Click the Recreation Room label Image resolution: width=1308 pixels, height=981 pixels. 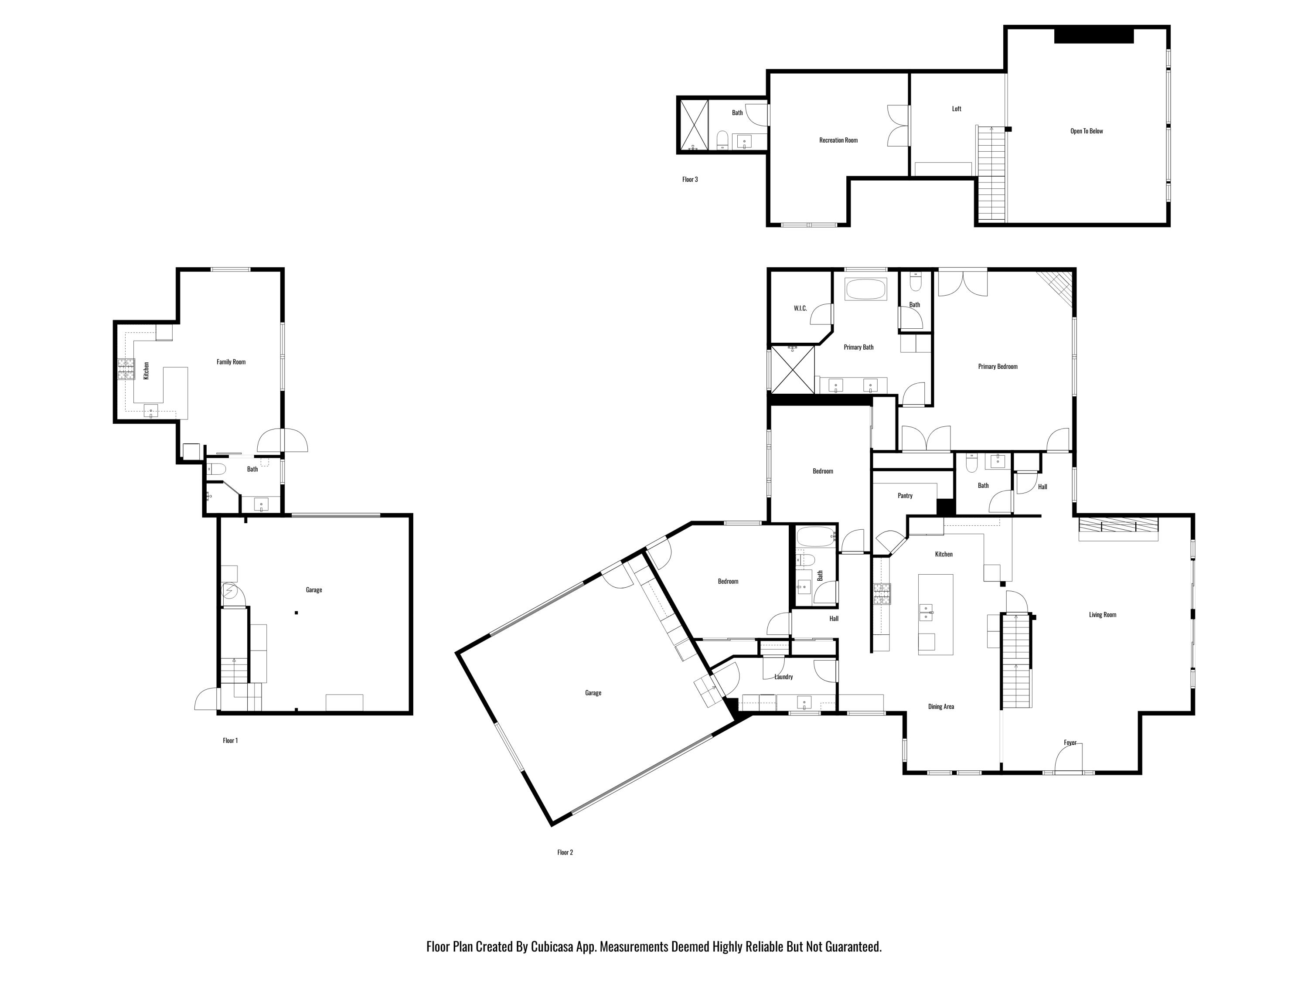838,140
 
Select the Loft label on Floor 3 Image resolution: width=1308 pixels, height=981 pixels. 956,109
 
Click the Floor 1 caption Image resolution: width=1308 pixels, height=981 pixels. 230,740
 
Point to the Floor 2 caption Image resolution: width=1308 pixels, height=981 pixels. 565,852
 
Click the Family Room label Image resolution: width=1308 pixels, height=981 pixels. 231,362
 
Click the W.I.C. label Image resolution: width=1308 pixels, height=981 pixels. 800,308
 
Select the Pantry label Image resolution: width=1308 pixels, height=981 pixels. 905,496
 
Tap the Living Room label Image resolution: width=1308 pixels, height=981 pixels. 1102,615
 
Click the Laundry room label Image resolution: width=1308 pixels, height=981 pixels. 783,677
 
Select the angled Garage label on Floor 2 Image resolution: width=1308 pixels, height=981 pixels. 593,693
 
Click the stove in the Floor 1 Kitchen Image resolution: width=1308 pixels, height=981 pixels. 126,370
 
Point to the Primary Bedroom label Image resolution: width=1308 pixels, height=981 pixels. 998,367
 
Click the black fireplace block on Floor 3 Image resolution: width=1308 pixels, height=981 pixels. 1093,35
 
